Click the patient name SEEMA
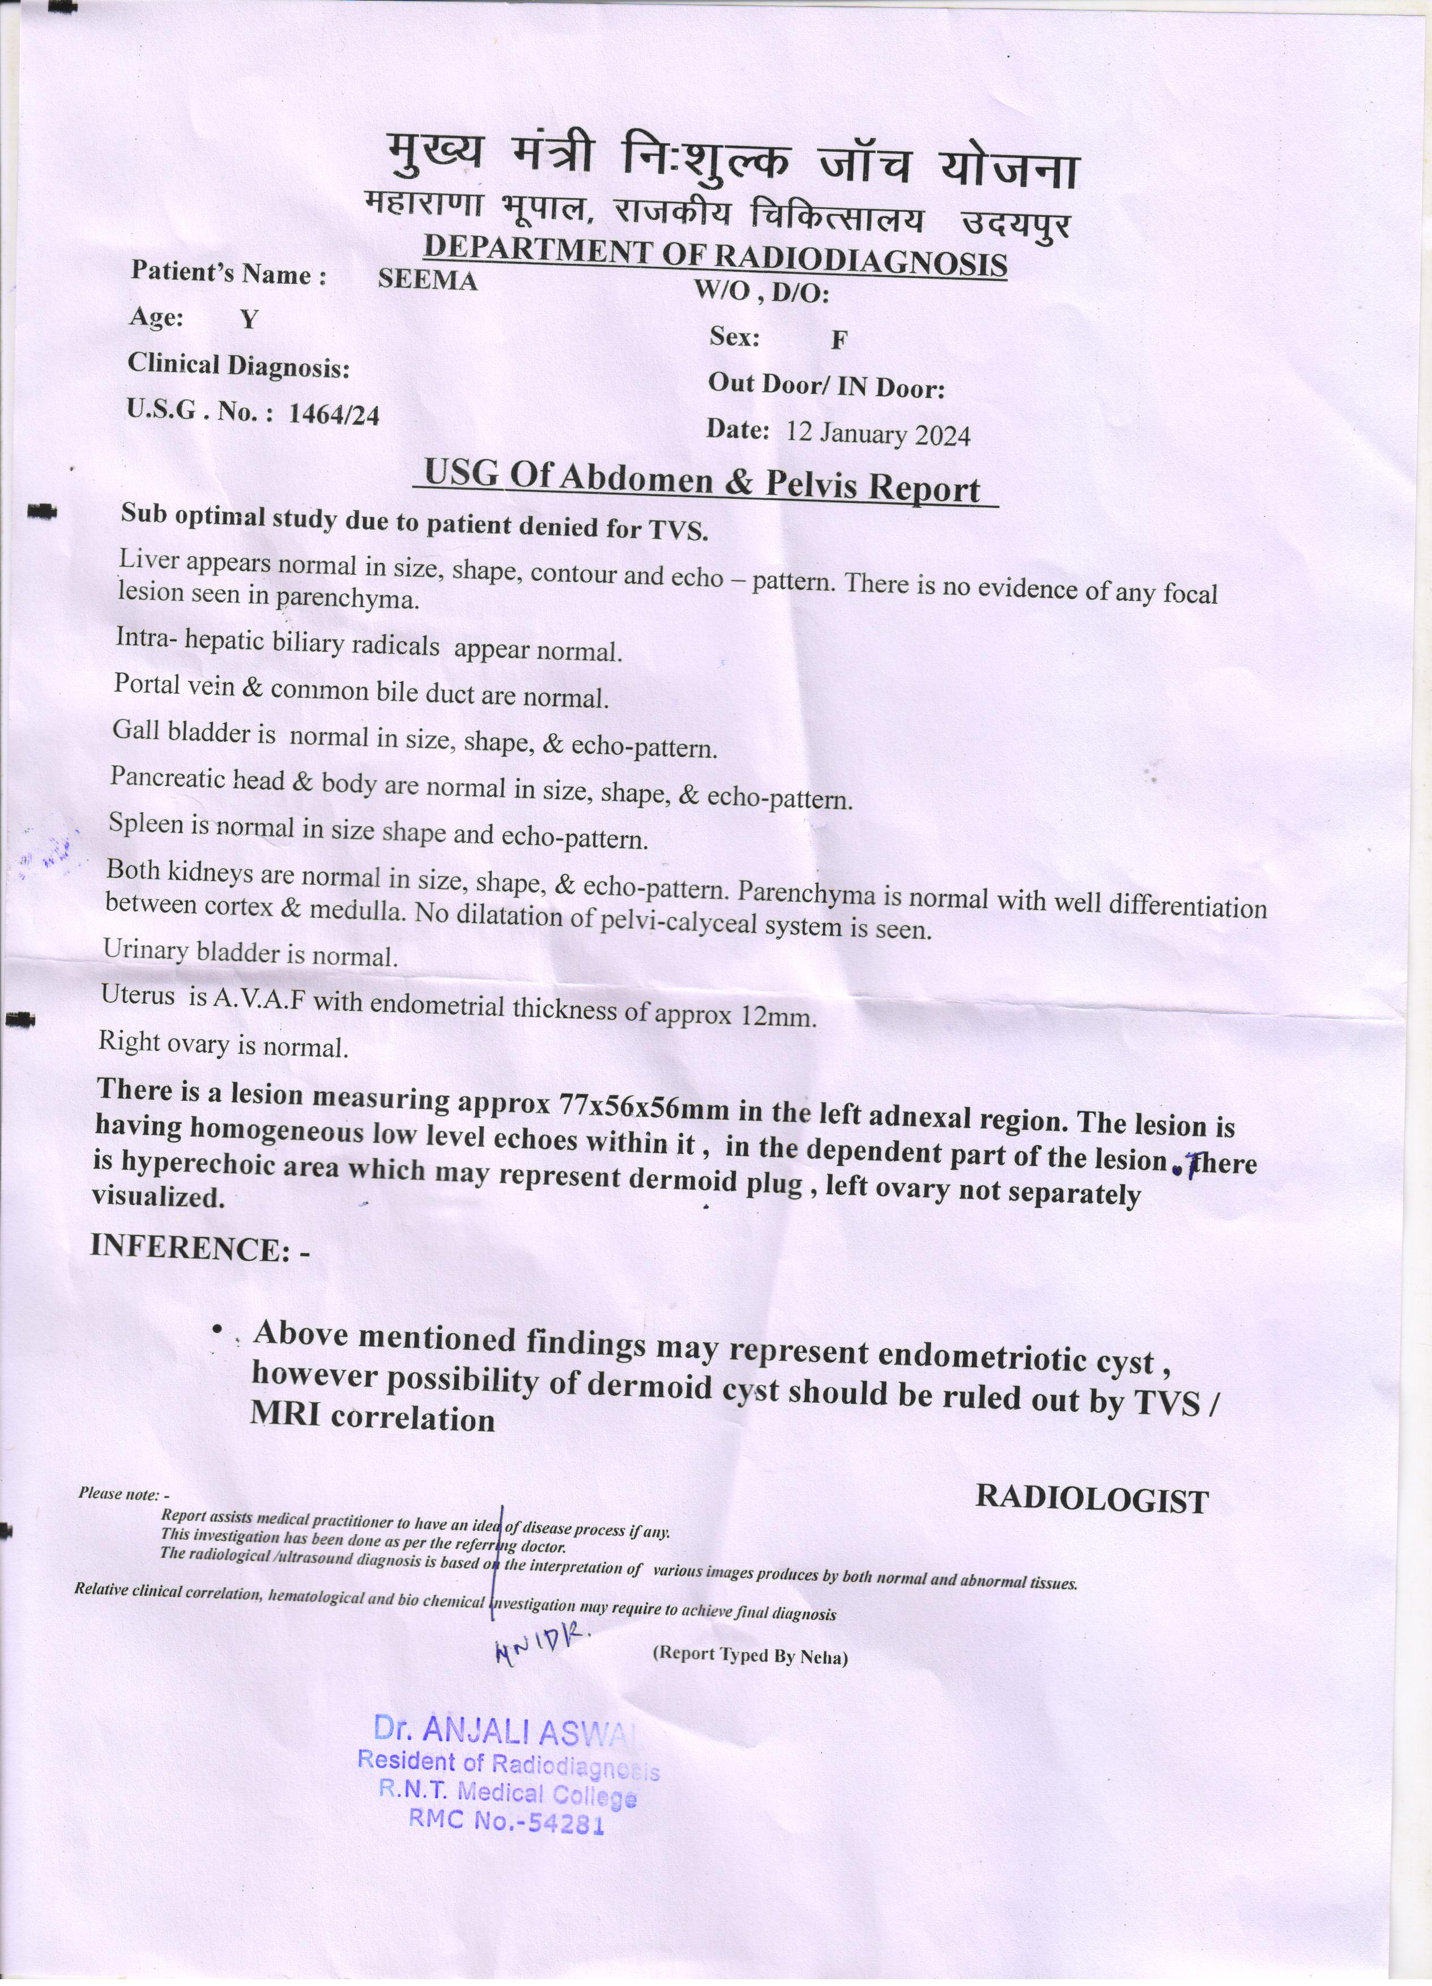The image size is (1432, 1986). coord(428,280)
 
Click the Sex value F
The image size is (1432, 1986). coord(838,341)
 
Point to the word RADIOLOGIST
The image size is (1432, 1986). coord(1092,1500)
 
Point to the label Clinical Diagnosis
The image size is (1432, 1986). coord(238,366)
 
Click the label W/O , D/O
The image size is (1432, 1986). coord(760,292)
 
